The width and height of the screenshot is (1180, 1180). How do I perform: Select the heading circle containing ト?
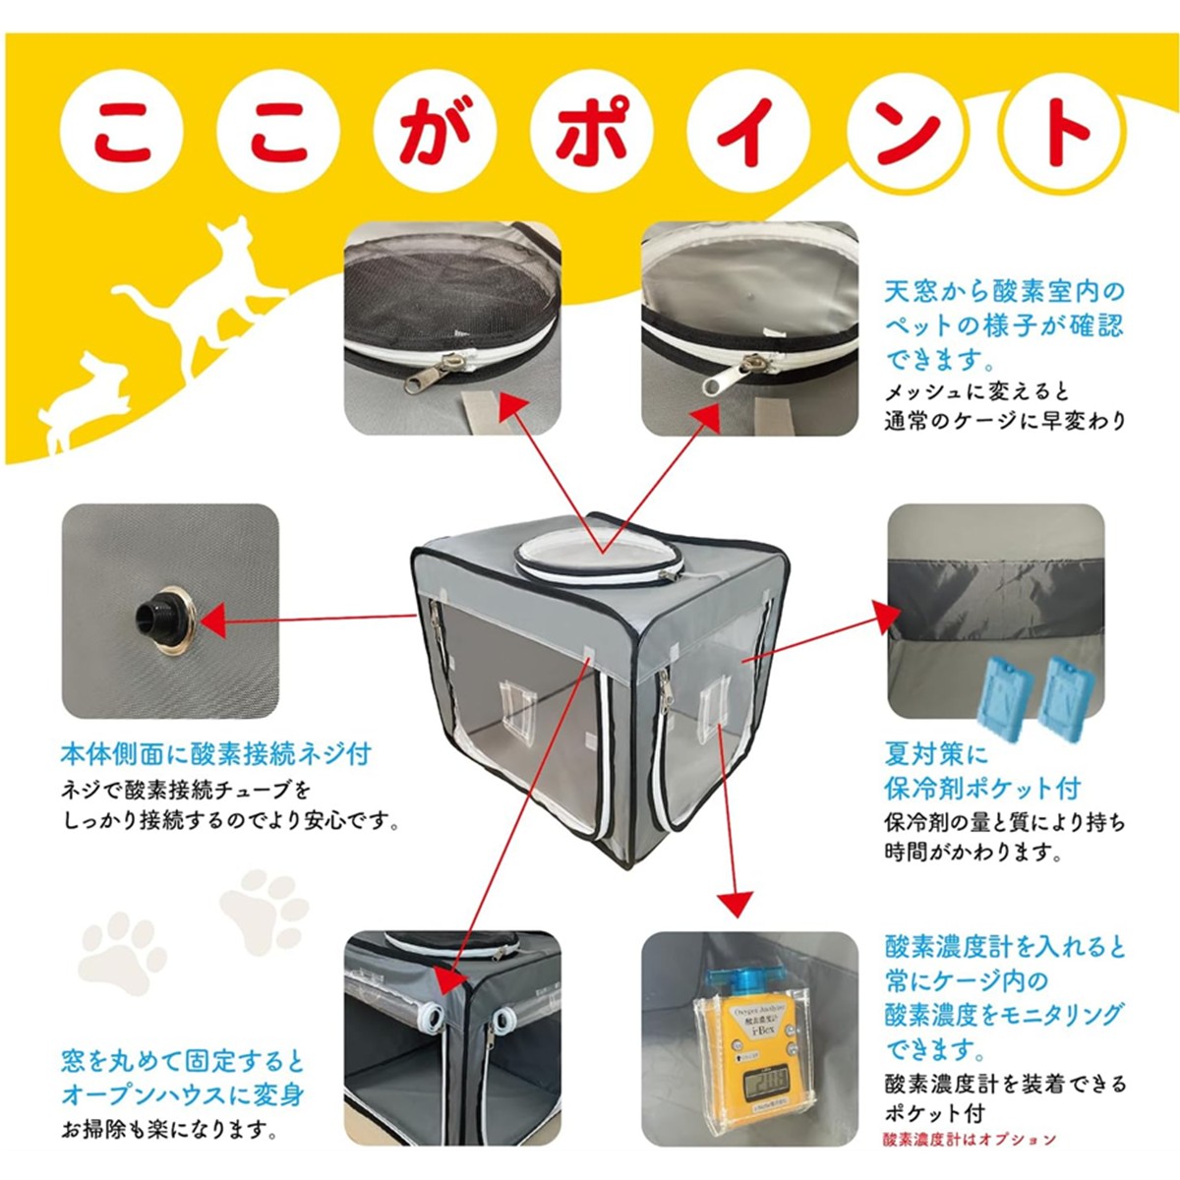[1059, 133]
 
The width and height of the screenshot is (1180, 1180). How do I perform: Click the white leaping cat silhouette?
[197, 295]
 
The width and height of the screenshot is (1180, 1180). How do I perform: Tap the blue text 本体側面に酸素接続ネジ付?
[215, 754]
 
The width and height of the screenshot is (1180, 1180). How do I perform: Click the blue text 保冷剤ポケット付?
[981, 788]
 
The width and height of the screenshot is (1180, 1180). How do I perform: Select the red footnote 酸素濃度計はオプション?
[970, 1139]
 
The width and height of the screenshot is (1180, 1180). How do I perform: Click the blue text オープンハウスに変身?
[183, 1094]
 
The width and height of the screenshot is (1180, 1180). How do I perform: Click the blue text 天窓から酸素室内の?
[1003, 291]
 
